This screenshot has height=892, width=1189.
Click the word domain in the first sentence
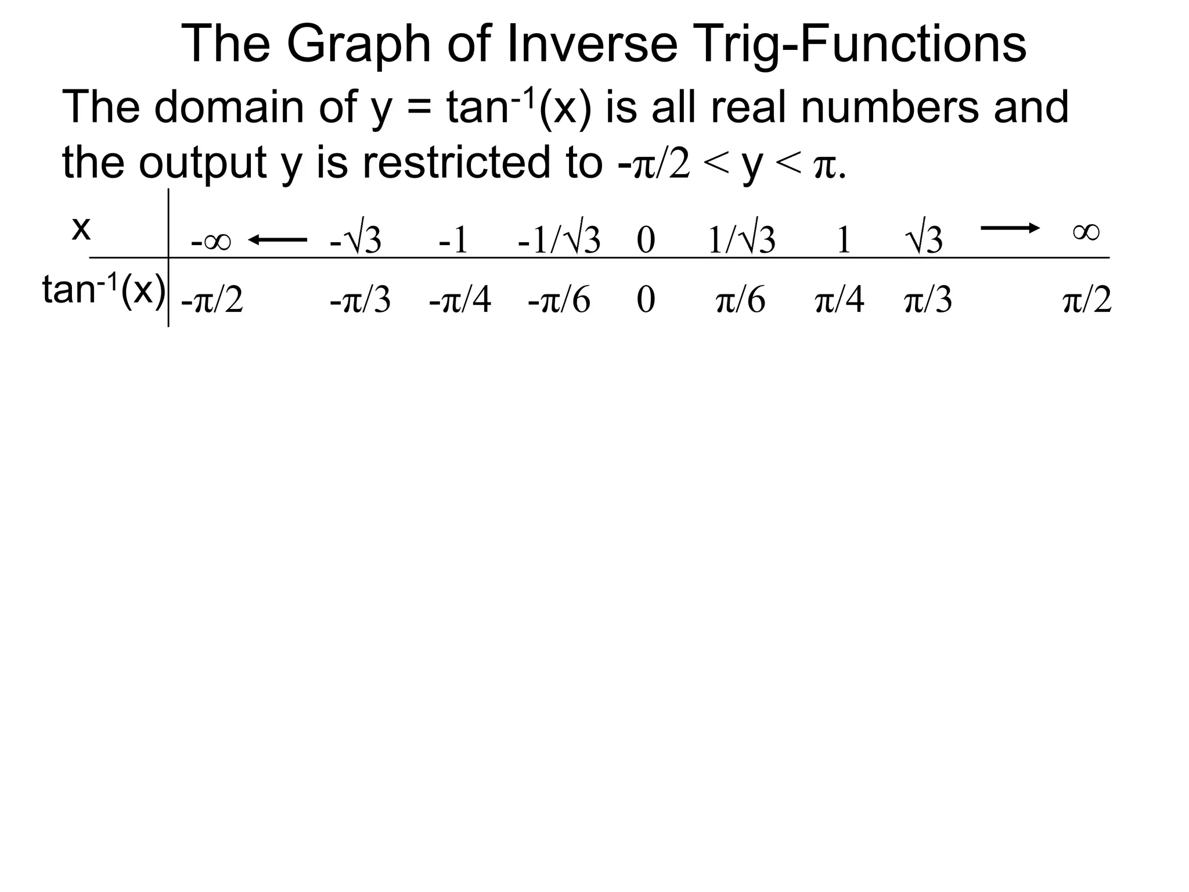click(229, 107)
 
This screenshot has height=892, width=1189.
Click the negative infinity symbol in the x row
click(211, 240)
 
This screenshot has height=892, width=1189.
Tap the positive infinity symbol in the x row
click(1086, 232)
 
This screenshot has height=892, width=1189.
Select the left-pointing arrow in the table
click(278, 239)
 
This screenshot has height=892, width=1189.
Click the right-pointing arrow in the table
click(1010, 228)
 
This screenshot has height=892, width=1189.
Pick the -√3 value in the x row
click(355, 239)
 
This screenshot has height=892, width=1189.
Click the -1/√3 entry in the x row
click(559, 239)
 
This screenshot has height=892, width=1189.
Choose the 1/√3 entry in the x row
click(741, 239)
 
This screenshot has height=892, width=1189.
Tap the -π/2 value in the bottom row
click(212, 301)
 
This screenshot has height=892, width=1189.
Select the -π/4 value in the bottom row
click(460, 301)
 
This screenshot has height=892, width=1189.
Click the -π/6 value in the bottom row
click(559, 301)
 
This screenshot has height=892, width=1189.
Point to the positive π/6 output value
click(741, 301)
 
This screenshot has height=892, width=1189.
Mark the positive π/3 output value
click(928, 301)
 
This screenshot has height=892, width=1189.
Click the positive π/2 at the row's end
click(1087, 301)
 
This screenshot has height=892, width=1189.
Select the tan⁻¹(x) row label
click(103, 290)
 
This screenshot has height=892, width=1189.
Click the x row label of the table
click(81, 229)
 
